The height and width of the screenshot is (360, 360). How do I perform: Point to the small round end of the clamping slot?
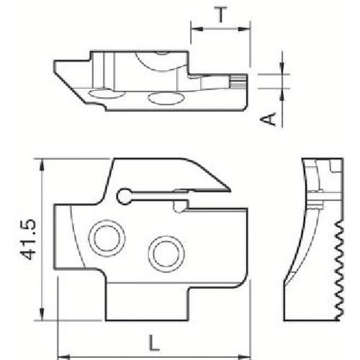pyautogui.click(x=124, y=194)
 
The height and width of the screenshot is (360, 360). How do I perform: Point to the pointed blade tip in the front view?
pyautogui.click(x=230, y=190)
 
